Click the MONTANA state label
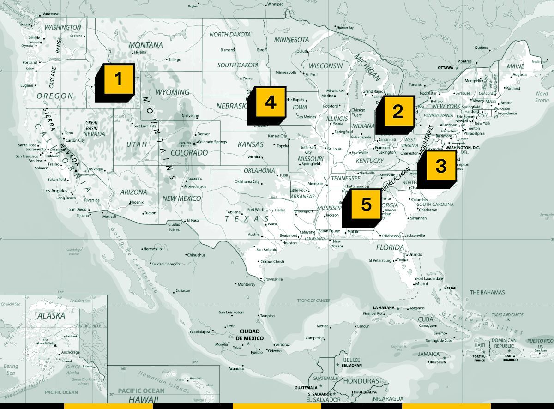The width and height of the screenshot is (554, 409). (145, 45)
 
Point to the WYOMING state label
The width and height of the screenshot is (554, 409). (172, 92)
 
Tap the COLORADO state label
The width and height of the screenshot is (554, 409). (189, 152)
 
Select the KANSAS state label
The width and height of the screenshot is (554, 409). (251, 144)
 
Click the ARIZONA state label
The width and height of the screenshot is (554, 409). (134, 192)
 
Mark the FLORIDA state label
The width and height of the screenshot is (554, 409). (390, 247)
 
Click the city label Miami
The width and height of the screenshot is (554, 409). (421, 284)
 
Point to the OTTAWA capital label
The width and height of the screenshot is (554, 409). (446, 68)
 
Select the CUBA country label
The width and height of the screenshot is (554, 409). (425, 319)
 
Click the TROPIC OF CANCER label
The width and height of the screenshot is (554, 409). (313, 301)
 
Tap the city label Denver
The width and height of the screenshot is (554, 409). (203, 134)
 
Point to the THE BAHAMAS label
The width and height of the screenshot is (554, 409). (487, 292)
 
